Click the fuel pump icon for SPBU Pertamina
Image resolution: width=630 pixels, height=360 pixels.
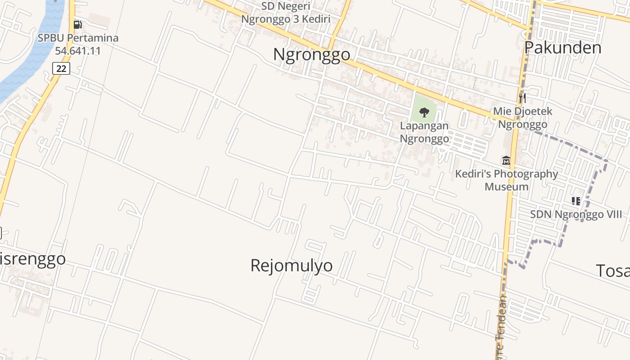(78, 24)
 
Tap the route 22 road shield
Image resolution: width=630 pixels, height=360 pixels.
(61, 68)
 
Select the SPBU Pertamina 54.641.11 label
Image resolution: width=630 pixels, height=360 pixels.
(78, 44)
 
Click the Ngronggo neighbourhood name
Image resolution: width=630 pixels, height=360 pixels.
(311, 54)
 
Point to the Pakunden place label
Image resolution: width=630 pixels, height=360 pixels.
(562, 47)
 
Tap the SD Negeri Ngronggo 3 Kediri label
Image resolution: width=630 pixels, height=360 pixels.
(286, 13)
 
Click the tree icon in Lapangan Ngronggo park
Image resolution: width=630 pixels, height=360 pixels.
(424, 112)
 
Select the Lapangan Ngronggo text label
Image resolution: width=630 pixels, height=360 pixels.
(424, 132)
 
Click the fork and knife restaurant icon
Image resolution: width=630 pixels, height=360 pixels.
(522, 97)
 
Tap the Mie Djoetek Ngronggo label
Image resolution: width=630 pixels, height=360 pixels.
(522, 118)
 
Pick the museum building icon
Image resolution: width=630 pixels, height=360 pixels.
(506, 160)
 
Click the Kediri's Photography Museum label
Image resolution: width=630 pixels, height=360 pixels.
(506, 180)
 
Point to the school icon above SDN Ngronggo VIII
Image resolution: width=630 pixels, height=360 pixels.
(576, 201)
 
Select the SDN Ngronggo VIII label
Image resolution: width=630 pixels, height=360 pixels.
(572, 215)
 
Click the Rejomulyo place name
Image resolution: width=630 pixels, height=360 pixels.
(292, 265)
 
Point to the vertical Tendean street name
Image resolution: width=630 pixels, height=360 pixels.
(500, 324)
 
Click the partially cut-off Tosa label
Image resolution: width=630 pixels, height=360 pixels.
(612, 271)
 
